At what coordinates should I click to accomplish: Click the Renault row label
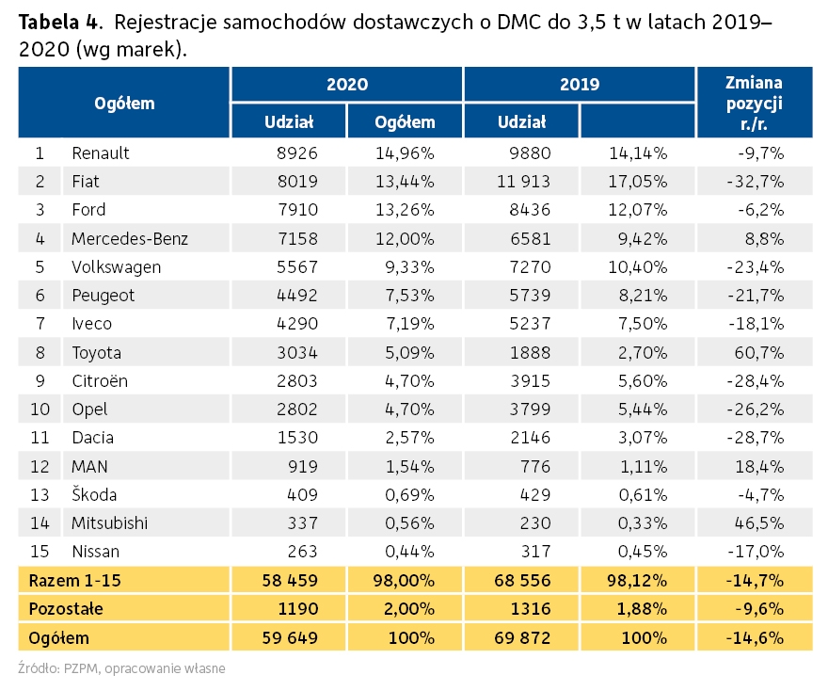pyautogui.click(x=101, y=153)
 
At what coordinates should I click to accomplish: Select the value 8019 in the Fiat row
pyautogui.click(x=297, y=181)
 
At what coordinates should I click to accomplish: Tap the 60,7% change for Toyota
pyautogui.click(x=758, y=352)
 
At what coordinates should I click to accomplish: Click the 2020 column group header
pyautogui.click(x=347, y=84)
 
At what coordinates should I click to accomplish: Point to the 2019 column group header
pyautogui.click(x=580, y=84)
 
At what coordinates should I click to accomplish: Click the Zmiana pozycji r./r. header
pyautogui.click(x=754, y=103)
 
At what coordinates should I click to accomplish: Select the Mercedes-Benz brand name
pyautogui.click(x=130, y=239)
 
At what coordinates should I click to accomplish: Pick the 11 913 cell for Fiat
pyautogui.click(x=523, y=181)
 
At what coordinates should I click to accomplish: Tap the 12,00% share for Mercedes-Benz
pyautogui.click(x=405, y=239)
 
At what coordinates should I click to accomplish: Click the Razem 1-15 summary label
pyautogui.click(x=75, y=581)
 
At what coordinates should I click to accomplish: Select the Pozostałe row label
pyautogui.click(x=66, y=608)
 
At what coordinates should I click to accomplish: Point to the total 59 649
pyautogui.click(x=290, y=637)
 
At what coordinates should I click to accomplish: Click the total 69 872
pyautogui.click(x=522, y=637)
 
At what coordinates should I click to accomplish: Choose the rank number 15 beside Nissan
pyautogui.click(x=40, y=552)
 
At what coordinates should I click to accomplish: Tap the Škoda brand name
pyautogui.click(x=94, y=494)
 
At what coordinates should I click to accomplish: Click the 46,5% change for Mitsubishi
pyautogui.click(x=758, y=523)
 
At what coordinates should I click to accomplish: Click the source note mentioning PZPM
pyautogui.click(x=121, y=668)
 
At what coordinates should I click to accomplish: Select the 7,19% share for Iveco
pyautogui.click(x=410, y=323)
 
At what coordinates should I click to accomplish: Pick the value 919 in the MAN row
pyautogui.click(x=303, y=467)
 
